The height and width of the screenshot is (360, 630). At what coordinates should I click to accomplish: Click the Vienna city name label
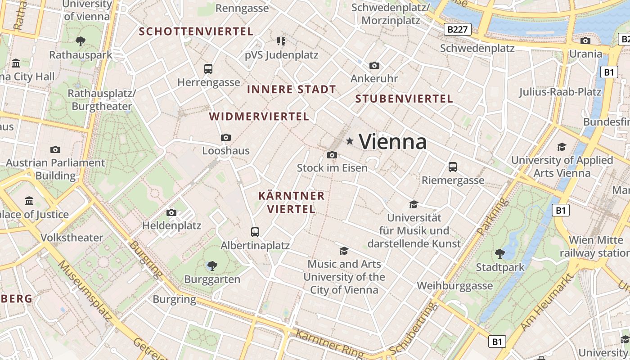pyautogui.click(x=393, y=142)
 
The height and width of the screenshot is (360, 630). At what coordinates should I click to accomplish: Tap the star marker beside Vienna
pyautogui.click(x=350, y=141)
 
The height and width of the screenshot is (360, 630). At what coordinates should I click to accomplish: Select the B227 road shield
pyautogui.click(x=458, y=30)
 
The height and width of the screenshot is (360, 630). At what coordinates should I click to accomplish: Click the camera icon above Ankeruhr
pyautogui.click(x=374, y=66)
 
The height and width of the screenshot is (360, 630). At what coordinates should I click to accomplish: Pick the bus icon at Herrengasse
pyautogui.click(x=208, y=69)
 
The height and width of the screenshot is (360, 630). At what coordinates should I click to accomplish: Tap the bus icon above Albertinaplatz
pyautogui.click(x=255, y=232)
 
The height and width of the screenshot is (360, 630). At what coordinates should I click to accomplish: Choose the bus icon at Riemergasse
pyautogui.click(x=453, y=167)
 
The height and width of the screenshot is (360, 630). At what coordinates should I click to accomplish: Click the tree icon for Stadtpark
pyautogui.click(x=499, y=254)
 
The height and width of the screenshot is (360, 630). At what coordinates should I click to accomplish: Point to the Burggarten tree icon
pyautogui.click(x=212, y=266)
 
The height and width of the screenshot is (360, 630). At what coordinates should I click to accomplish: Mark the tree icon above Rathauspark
pyautogui.click(x=81, y=41)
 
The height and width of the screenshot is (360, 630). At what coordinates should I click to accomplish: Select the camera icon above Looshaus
pyautogui.click(x=226, y=137)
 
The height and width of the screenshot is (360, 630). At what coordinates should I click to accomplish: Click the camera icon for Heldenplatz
pyautogui.click(x=171, y=212)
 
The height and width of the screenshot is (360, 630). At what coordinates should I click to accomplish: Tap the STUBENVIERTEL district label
pyautogui.click(x=404, y=99)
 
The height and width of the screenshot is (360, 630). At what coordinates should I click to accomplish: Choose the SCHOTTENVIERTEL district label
pyautogui.click(x=196, y=31)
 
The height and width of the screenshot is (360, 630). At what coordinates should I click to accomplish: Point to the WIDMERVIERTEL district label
pyautogui.click(x=259, y=117)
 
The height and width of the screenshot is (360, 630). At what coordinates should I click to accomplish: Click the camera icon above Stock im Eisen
pyautogui.click(x=332, y=155)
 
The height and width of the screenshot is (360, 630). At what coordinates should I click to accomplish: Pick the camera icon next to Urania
pyautogui.click(x=585, y=41)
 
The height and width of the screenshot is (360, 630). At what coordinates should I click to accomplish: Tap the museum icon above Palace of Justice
pyautogui.click(x=30, y=201)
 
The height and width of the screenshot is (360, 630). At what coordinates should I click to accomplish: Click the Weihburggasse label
pyautogui.click(x=454, y=286)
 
